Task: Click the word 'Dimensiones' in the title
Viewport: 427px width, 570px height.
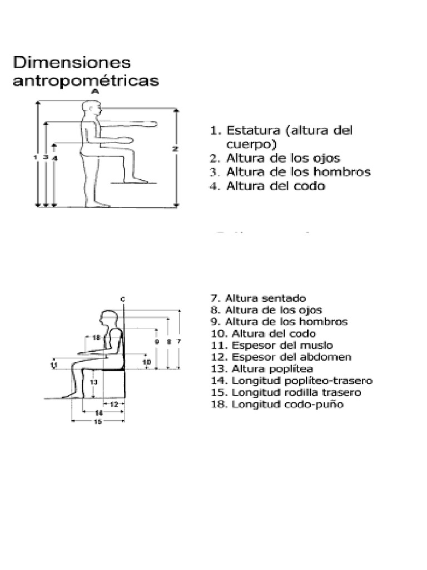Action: point(71,62)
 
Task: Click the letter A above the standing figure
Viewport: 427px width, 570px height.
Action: point(95,91)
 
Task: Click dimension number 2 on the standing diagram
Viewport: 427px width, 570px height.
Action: point(175,149)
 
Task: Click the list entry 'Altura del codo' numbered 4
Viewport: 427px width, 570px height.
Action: point(267,186)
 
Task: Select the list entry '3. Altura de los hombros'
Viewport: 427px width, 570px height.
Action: point(289,173)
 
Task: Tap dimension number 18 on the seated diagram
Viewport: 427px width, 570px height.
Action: point(96,338)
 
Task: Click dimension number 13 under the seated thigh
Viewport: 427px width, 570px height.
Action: point(95,382)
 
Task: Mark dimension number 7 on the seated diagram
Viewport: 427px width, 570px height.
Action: point(178,342)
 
